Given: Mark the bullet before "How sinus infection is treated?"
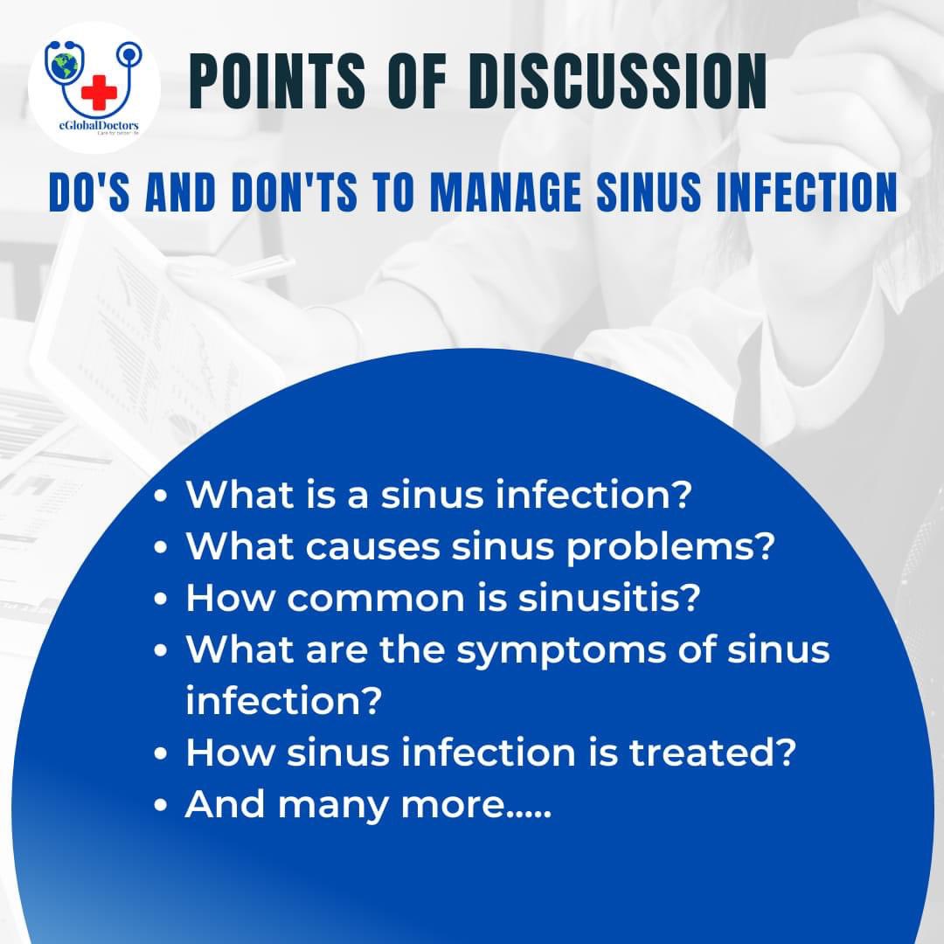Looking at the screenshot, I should point(160,753).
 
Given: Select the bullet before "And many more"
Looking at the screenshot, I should point(160,806).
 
